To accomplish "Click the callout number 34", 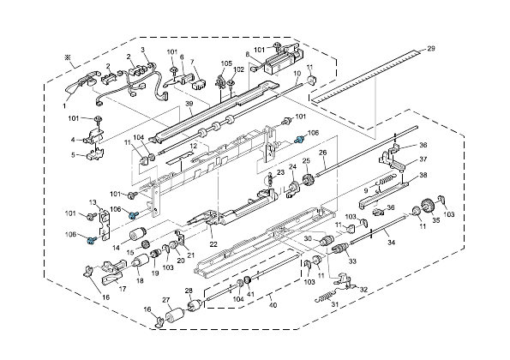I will point(391,243).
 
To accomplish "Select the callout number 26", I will point(323,153).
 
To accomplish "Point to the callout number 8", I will point(248,54).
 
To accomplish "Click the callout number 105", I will point(226,63).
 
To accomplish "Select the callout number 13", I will point(92,201).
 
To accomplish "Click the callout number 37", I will point(423,159).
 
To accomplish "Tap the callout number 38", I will point(423,175).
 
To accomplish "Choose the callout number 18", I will point(139,281).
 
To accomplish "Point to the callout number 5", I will point(75,155).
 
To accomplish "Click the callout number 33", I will point(351,261).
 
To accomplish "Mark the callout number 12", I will point(195,147).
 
